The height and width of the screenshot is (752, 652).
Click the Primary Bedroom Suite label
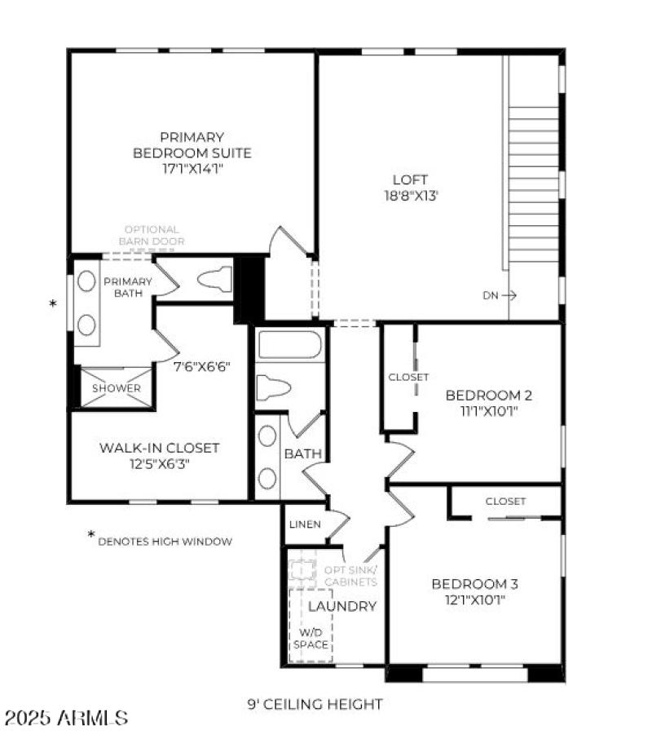tap(192, 145)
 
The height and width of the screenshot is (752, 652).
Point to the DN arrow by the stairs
tap(498, 295)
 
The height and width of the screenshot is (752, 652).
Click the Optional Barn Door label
tap(152, 236)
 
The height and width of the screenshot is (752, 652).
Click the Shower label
tap(116, 388)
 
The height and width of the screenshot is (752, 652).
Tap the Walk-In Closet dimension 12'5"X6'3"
tap(159, 464)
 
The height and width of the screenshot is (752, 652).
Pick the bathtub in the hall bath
tap(290, 346)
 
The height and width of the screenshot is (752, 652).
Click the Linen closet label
tap(305, 524)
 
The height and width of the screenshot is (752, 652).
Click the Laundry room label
tap(342, 606)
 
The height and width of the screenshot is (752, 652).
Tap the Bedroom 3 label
tap(474, 584)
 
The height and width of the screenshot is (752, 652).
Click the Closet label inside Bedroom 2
tap(408, 378)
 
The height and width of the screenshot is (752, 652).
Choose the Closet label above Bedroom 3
tap(505, 502)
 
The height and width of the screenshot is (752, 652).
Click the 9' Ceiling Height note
tap(315, 704)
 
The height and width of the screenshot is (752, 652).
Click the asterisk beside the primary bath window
tap(54, 305)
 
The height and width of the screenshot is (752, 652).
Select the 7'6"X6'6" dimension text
tap(204, 366)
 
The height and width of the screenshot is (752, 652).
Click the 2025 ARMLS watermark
tap(66, 719)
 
